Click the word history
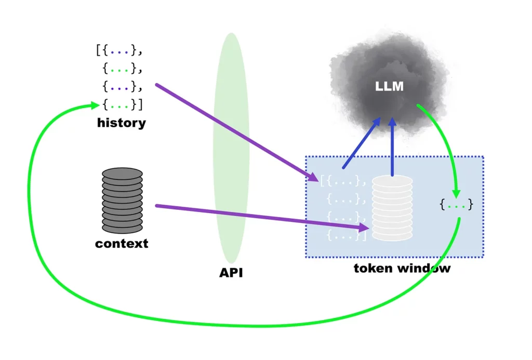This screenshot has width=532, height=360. click(x=122, y=123)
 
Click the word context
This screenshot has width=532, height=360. click(x=122, y=244)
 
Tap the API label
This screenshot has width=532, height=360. click(x=231, y=273)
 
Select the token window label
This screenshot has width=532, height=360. click(x=402, y=269)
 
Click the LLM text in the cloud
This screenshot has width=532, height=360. click(x=389, y=86)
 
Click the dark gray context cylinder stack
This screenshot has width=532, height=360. click(x=122, y=200)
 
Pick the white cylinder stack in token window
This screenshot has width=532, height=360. click(x=392, y=208)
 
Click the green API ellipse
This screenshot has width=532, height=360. click(x=231, y=148)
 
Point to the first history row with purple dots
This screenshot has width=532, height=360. click(x=119, y=50)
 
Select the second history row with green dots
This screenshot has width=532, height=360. click(x=123, y=69)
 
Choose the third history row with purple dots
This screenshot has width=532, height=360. click(x=123, y=87)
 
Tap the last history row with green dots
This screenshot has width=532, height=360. click(x=123, y=104)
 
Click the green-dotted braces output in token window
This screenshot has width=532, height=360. click(x=456, y=204)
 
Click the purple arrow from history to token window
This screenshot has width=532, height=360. click(x=237, y=132)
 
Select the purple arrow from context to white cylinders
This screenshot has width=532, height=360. click(x=262, y=217)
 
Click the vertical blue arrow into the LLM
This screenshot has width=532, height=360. click(x=392, y=146)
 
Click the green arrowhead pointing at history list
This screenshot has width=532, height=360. click(x=95, y=105)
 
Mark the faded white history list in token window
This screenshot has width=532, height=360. click(x=343, y=208)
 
